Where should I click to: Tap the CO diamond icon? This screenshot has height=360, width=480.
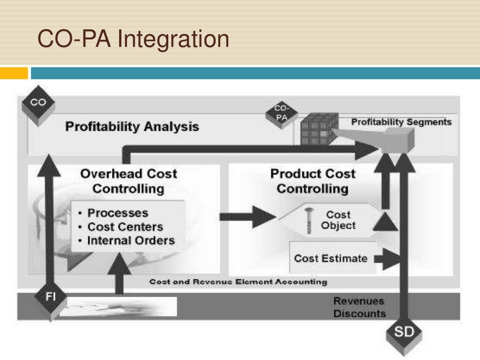pos(38,104)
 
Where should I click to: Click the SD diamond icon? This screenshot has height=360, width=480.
pos(403,334)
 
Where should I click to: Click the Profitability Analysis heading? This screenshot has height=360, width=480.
pos(132,127)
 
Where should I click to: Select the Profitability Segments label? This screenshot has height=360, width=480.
pos(401,122)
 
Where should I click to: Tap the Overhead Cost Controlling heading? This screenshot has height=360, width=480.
pos(128,181)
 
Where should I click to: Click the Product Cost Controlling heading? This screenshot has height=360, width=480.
pos(313,181)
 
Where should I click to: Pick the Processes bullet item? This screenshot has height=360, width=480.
pos(117,213)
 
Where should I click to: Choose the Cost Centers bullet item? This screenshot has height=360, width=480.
pos(125,227)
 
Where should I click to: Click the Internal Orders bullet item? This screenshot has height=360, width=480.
pos(131,241)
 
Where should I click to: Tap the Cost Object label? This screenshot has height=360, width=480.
pos(338,220)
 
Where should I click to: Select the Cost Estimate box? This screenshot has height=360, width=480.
pos(331,258)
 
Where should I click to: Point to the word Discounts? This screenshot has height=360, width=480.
pos(360,314)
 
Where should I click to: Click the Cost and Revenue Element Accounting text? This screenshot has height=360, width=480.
pos(238,282)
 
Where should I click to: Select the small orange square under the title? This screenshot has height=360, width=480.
pos(14,73)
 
